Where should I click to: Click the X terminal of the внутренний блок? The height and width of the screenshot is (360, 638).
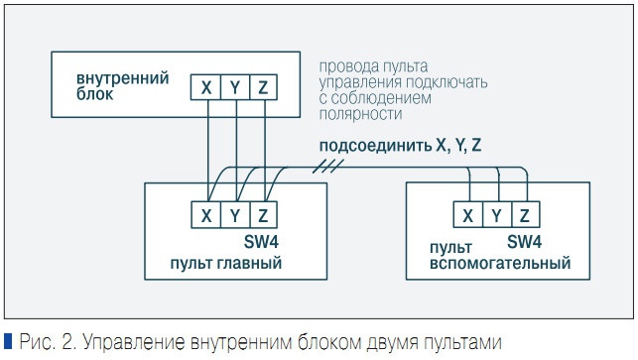(205, 88)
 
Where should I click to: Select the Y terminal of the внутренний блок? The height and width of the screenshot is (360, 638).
(234, 88)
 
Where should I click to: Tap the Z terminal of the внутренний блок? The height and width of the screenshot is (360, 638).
(262, 88)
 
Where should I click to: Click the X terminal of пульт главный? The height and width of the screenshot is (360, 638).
(206, 215)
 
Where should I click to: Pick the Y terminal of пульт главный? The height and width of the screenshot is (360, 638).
(234, 215)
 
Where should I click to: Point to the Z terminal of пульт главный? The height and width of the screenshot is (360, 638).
(262, 215)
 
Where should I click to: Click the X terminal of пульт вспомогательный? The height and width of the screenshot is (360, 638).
(466, 215)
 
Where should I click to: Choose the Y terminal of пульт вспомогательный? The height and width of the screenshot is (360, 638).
(495, 215)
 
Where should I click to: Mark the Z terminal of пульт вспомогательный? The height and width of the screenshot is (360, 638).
(523, 215)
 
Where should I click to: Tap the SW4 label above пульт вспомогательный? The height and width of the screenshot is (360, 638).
(524, 242)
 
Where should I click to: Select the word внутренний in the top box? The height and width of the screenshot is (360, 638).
(122, 78)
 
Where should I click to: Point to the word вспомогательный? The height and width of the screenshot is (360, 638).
(499, 264)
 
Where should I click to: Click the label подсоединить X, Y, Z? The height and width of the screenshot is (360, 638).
(400, 146)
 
